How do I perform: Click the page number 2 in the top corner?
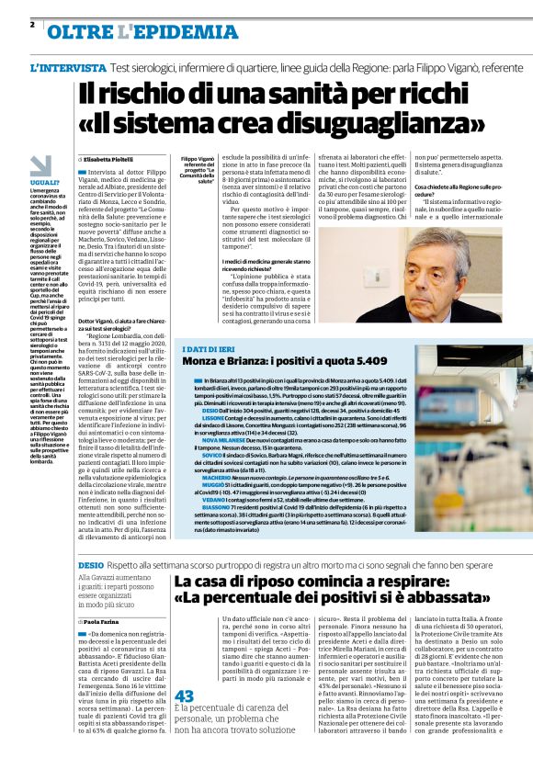pyautogui.click(x=31, y=25)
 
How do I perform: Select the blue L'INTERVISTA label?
pyautogui.click(x=68, y=69)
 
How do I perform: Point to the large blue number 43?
pyautogui.click(x=184, y=696)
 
